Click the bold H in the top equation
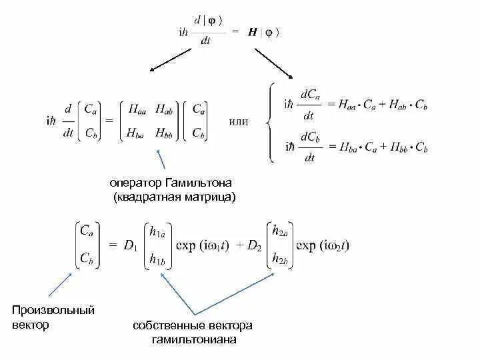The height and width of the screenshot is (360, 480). [x=254, y=33]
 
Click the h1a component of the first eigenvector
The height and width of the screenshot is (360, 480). [x=157, y=233]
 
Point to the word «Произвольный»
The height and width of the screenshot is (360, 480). [x=53, y=311]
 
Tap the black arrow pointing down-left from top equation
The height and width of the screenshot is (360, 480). [x=171, y=59]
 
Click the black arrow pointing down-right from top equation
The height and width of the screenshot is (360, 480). [x=275, y=61]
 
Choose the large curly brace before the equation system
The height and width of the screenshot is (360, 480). [x=270, y=122]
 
